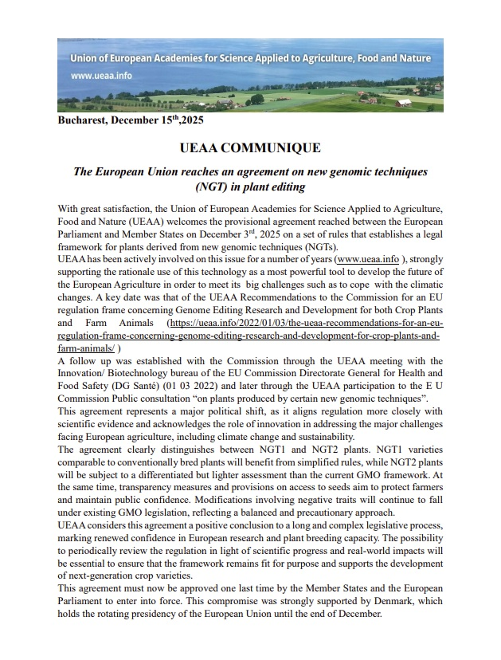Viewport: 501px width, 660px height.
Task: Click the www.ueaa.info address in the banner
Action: pyautogui.click(x=101, y=76)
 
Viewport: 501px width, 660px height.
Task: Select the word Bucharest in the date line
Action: pyautogui.click(x=82, y=121)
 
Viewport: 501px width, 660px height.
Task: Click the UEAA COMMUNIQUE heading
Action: pyautogui.click(x=250, y=147)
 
